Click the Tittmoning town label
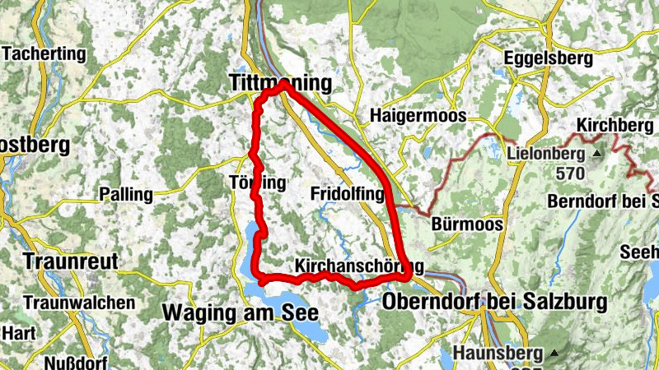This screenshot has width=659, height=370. pyautogui.click(x=279, y=84)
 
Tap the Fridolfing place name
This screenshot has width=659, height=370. pyautogui.click(x=348, y=194)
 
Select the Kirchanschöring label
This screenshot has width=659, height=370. pyautogui.click(x=359, y=266)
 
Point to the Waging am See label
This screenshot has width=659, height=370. pyautogui.click(x=240, y=313)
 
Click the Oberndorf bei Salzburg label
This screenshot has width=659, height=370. pyautogui.click(x=494, y=301)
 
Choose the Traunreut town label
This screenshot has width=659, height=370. pyautogui.click(x=72, y=261)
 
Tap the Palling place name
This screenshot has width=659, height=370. pyautogui.click(x=126, y=195)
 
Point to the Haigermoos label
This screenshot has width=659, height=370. pyautogui.click(x=418, y=115)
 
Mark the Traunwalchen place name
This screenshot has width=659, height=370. pyautogui.click(x=80, y=303)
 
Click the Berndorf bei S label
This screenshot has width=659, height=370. pyautogui.click(x=605, y=201)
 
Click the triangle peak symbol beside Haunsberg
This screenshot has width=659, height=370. pyautogui.click(x=554, y=354)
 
